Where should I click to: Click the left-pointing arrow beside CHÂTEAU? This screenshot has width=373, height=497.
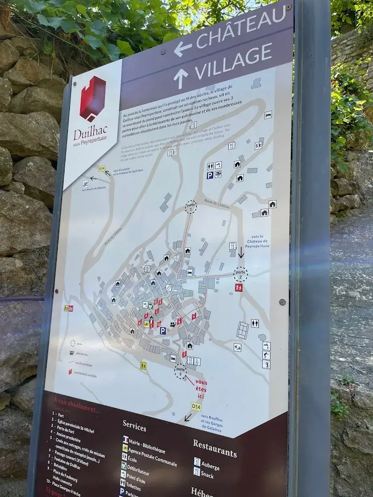pos(183,49)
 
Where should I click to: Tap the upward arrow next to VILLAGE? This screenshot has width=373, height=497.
pos(181,78)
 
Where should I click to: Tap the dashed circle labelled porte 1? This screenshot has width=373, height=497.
pos(191,207)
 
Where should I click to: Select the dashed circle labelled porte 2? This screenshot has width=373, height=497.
pos(240,274)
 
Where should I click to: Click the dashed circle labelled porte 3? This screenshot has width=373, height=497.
pos(180,372)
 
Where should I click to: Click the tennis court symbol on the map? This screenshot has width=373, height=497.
pos(242,331)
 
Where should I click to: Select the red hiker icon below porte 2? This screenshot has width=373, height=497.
pos(238,287)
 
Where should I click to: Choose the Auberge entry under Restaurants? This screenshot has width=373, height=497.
pos(210,467)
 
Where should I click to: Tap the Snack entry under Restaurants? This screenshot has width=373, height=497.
pos(207,476)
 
